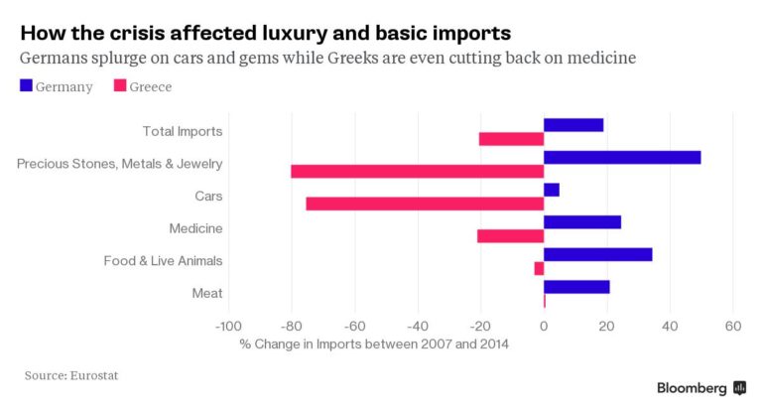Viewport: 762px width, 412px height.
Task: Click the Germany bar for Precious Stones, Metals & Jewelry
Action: coord(622,157)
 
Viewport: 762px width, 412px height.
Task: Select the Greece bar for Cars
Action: coord(425,204)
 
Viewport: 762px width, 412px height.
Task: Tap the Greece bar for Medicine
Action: coord(510,236)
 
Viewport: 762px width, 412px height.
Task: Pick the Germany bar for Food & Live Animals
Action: coord(597,254)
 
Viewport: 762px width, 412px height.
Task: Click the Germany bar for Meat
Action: coord(576,287)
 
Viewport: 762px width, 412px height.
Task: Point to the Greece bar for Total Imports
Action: coord(511,139)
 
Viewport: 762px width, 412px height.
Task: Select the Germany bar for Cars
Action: coord(552,190)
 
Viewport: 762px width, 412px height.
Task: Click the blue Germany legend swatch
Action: coord(26,86)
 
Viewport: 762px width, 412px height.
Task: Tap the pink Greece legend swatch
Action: coord(120,86)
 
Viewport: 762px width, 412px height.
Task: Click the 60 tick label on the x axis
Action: coord(733,326)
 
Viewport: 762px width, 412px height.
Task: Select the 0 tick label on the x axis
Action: coord(544,326)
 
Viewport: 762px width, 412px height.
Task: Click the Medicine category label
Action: coord(195,228)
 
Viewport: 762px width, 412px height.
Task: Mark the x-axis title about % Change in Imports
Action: coord(375,344)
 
